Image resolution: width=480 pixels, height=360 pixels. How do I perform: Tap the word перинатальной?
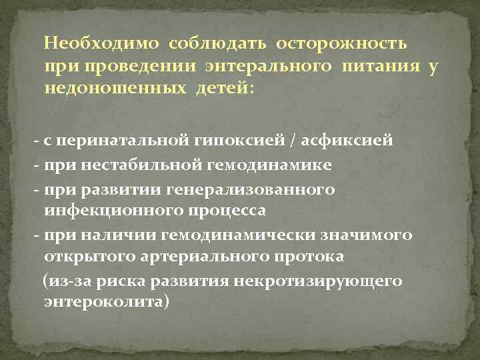click(115, 141)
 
